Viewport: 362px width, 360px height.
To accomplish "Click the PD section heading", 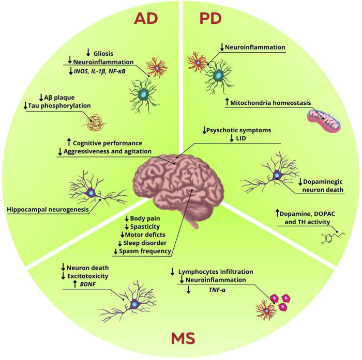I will [211, 20].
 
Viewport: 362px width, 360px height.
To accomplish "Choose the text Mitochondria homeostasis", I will [270, 103].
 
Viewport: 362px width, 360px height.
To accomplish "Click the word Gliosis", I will [103, 53].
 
